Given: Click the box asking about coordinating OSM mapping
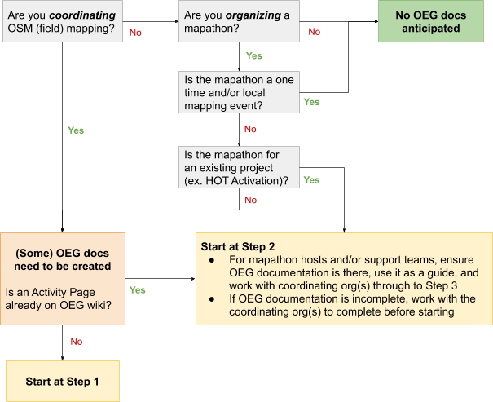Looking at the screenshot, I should pyautogui.click(x=62, y=23).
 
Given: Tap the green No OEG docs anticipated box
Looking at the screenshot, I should pyautogui.click(x=431, y=22).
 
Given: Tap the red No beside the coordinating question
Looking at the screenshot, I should pyautogui.click(x=135, y=32).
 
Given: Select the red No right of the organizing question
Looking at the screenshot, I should pyautogui.click(x=314, y=32).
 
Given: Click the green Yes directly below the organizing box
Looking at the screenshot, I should pyautogui.click(x=253, y=56).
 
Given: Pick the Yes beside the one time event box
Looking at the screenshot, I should pyautogui.click(x=311, y=102).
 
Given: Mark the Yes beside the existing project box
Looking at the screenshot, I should pyautogui.click(x=311, y=179).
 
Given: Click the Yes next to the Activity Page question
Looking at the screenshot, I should pyautogui.click(x=137, y=289).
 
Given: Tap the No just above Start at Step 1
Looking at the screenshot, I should pyautogui.click(x=77, y=342).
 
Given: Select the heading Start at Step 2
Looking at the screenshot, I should pyautogui.click(x=238, y=246).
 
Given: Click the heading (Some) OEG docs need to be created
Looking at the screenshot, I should pyautogui.click(x=62, y=258).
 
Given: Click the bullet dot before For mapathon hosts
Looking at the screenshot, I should pyautogui.click(x=212, y=260).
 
